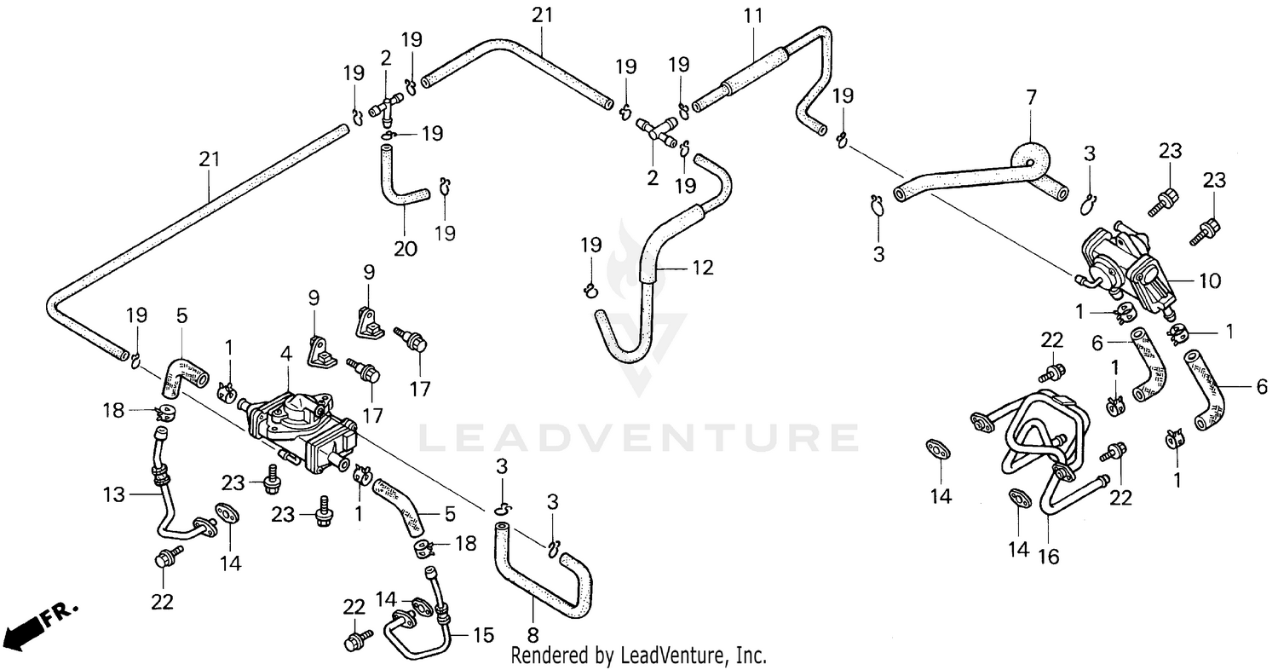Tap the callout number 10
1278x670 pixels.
tap(1210, 280)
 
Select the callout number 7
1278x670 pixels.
tap(1031, 98)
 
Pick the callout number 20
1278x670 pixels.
tap(406, 249)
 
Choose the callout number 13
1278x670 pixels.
tap(114, 494)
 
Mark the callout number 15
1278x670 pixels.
tap(483, 635)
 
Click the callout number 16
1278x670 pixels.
tap(1048, 557)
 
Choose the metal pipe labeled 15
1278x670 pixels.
tap(417, 631)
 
